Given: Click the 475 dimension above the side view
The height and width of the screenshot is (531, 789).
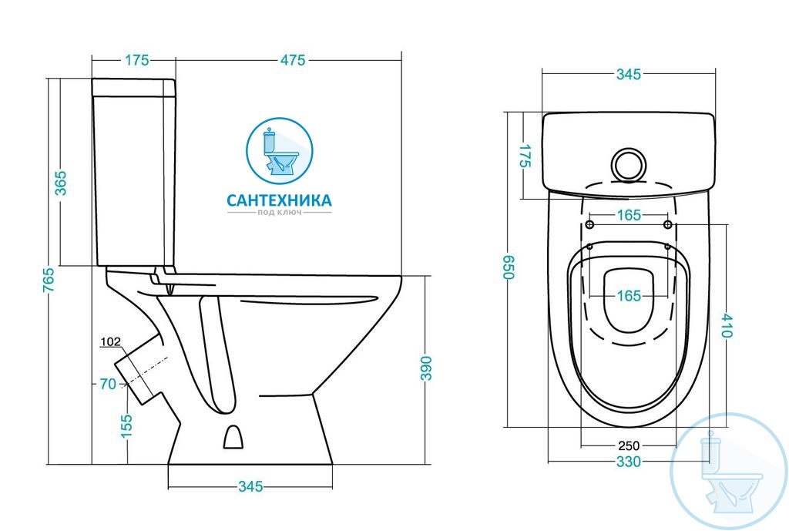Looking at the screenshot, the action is click(293, 60).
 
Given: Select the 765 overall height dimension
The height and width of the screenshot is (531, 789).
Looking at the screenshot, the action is click(49, 280).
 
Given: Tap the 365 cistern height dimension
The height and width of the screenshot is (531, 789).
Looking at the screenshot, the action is click(60, 183).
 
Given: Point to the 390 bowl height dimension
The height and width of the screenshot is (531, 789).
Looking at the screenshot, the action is click(426, 368).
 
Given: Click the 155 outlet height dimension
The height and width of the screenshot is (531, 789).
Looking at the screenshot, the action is click(127, 426).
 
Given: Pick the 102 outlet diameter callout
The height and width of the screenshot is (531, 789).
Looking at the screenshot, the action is click(111, 341).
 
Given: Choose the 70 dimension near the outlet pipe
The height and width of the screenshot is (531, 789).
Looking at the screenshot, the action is click(108, 384).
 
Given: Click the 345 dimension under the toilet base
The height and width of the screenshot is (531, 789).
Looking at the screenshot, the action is click(250, 486).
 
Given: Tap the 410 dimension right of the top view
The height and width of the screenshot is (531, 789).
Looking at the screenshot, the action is click(726, 325).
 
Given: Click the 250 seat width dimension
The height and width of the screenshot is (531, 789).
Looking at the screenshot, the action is click(629, 445).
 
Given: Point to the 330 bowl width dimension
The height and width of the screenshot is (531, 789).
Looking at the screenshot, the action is click(629, 461).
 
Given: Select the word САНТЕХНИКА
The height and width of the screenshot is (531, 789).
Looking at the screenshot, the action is click(279, 200).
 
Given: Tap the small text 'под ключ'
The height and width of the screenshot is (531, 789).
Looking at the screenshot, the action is click(279, 213).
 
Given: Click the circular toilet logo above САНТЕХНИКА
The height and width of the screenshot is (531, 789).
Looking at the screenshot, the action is click(279, 151).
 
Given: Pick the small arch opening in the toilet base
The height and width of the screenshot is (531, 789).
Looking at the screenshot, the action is click(233, 437).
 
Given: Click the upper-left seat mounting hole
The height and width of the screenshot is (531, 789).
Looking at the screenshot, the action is click(589, 224).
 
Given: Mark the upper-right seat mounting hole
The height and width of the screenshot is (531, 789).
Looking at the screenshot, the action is click(668, 224).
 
